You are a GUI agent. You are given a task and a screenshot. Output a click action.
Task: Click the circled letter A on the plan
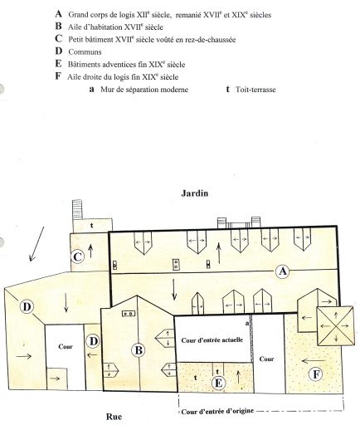[282, 271]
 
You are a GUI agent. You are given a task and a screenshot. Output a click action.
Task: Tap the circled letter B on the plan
[138, 350]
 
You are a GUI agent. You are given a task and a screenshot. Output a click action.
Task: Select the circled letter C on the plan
[77, 256]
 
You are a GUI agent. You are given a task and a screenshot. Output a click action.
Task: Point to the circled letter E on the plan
[218, 383]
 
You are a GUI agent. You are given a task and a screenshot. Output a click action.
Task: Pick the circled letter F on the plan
[316, 374]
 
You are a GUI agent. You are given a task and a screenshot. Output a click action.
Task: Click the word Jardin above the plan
[194, 193]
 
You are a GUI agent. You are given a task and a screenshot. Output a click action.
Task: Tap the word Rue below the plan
[114, 417]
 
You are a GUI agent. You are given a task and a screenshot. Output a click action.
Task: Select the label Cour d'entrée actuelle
[212, 340]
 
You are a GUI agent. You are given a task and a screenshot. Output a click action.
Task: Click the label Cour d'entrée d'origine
[217, 411]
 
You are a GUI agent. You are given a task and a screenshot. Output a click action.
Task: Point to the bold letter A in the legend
[58, 13]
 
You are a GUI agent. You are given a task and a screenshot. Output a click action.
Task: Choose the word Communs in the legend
[85, 51]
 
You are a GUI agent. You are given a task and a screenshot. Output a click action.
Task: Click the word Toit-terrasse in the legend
[255, 90]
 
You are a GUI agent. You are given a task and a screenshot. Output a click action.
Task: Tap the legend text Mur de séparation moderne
[144, 90]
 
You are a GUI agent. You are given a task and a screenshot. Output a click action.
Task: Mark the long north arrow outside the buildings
[36, 244]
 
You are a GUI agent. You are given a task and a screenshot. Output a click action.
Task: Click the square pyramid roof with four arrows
[335, 326]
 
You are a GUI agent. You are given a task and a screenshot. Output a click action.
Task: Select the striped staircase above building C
[77, 210]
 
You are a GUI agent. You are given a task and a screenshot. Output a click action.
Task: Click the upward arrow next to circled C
[90, 251]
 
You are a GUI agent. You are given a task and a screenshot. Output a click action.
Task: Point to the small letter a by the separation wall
[247, 323]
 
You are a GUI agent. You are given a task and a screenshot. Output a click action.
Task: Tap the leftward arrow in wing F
[313, 360]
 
